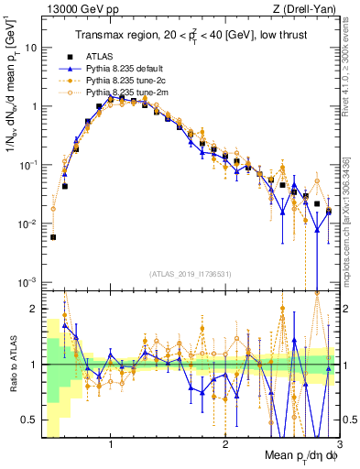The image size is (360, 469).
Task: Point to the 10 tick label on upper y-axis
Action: coord(30,47)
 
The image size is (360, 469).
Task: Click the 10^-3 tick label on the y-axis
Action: coord(27,283)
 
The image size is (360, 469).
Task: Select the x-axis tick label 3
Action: coord(340,445)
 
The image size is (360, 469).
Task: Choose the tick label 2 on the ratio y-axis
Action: coord(32,309)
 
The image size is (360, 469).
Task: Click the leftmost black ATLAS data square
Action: coord(53,237)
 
